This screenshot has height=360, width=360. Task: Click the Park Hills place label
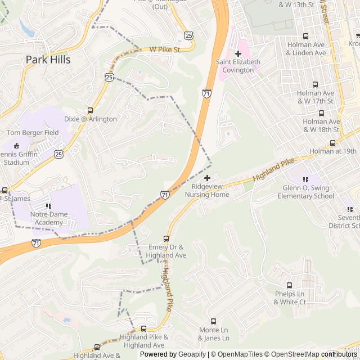click(x=48, y=60)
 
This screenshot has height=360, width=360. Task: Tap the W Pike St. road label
click(x=165, y=49)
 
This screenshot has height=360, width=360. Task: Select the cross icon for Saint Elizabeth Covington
click(x=238, y=53)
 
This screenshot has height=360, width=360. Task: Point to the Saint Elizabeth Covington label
click(x=238, y=66)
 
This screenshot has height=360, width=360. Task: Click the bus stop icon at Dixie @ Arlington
click(x=90, y=110)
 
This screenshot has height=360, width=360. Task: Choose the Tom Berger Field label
click(x=33, y=133)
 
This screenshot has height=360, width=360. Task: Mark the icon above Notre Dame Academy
click(x=48, y=206)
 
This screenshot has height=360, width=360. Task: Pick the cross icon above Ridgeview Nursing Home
click(x=207, y=178)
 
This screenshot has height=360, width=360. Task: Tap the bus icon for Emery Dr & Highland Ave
click(x=166, y=238)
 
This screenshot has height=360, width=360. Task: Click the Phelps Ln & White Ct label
click(x=290, y=298)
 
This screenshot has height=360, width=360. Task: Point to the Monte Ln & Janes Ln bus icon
click(x=213, y=321)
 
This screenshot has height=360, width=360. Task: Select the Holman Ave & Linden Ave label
click(x=306, y=48)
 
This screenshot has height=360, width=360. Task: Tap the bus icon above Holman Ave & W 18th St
click(x=321, y=112)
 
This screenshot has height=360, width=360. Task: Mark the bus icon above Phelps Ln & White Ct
click(x=290, y=285)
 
